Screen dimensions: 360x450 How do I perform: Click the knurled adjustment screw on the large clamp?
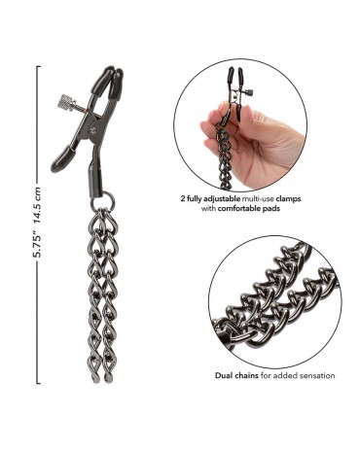tap(67, 102)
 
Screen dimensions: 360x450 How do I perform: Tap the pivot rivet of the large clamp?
tap(94, 129)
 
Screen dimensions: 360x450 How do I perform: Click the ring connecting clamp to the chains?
tap(103, 200)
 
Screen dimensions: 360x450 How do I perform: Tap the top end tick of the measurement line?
tap(39, 67)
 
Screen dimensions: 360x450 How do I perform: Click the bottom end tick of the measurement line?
tap(39, 383)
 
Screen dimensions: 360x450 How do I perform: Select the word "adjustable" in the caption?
tap(223, 198)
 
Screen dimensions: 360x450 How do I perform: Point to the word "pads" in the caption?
tap(271, 208)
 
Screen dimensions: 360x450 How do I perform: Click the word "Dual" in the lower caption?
tap(223, 375)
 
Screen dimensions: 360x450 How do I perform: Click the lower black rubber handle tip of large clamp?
tap(63, 159)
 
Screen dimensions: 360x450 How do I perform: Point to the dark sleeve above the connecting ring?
tap(94, 179)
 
